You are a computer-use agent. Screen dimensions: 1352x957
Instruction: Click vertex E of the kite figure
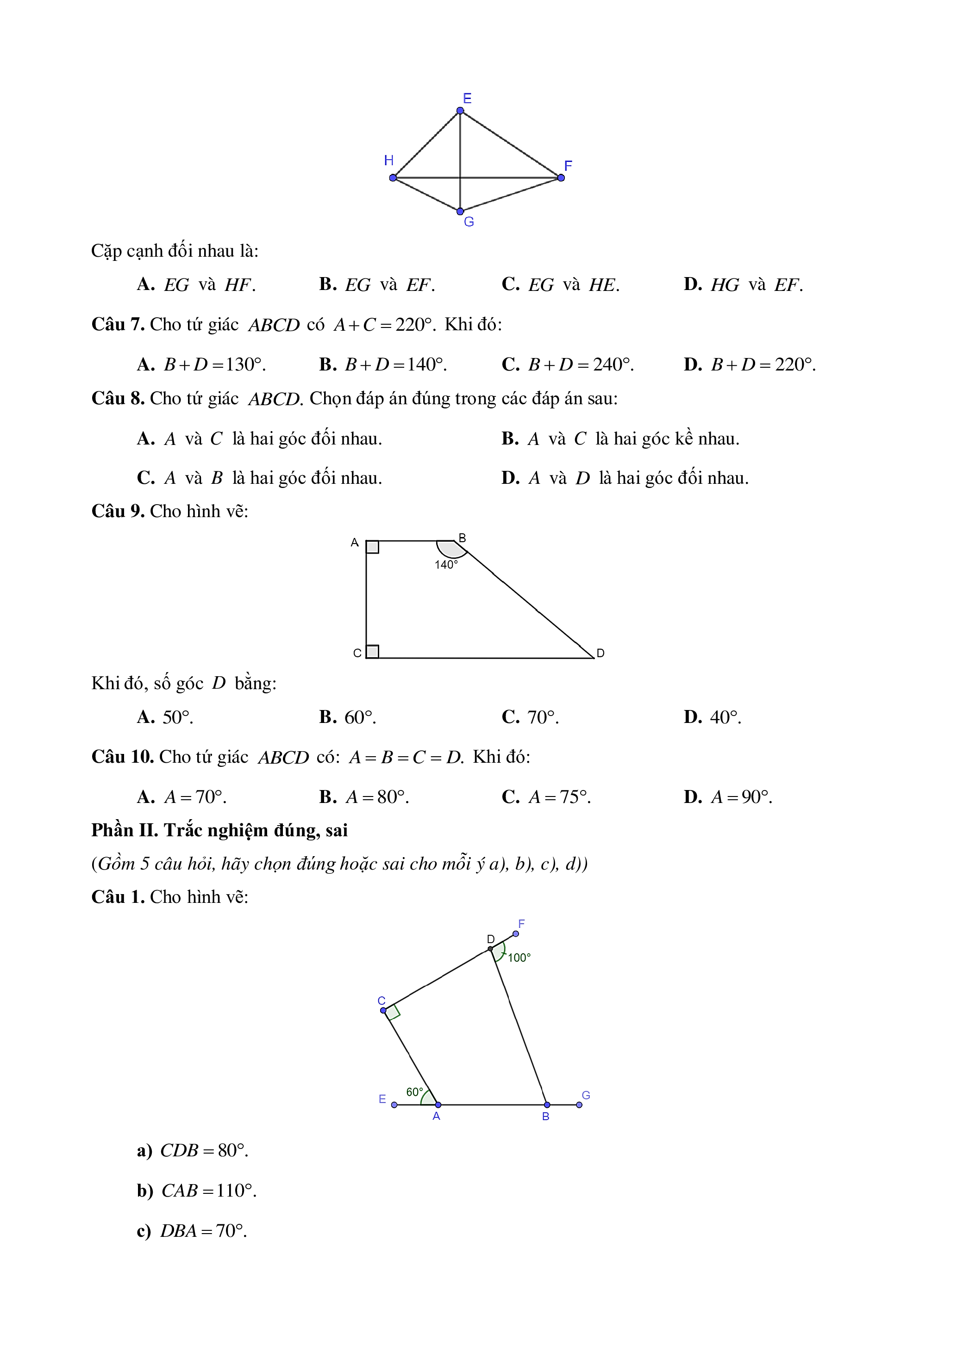click(x=460, y=111)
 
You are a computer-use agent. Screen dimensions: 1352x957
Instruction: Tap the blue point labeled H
click(x=393, y=178)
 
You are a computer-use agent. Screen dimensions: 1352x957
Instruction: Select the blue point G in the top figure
click(x=460, y=211)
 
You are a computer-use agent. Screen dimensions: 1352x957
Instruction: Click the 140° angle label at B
click(x=446, y=565)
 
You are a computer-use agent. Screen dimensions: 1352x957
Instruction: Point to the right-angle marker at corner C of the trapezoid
click(x=372, y=651)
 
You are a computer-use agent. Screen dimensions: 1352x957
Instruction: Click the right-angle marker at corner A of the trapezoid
click(x=372, y=547)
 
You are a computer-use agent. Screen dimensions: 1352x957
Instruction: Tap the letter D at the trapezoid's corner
click(x=600, y=653)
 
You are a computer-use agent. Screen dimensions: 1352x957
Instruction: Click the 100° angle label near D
click(x=519, y=958)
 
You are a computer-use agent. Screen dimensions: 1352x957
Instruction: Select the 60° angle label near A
click(x=414, y=1093)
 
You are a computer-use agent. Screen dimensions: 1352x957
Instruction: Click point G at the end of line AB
click(x=579, y=1105)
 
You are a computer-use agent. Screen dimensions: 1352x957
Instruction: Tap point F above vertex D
click(x=516, y=933)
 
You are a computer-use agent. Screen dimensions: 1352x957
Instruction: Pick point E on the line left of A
click(x=394, y=1105)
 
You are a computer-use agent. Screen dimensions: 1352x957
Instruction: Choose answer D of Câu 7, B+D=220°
click(x=750, y=364)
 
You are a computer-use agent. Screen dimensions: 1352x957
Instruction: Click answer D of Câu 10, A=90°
click(x=728, y=796)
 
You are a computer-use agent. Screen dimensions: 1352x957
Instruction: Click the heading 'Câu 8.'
click(x=118, y=399)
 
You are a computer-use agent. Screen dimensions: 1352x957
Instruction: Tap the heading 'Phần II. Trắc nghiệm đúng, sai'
click(x=219, y=830)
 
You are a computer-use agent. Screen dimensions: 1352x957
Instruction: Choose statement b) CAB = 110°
click(x=196, y=1191)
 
